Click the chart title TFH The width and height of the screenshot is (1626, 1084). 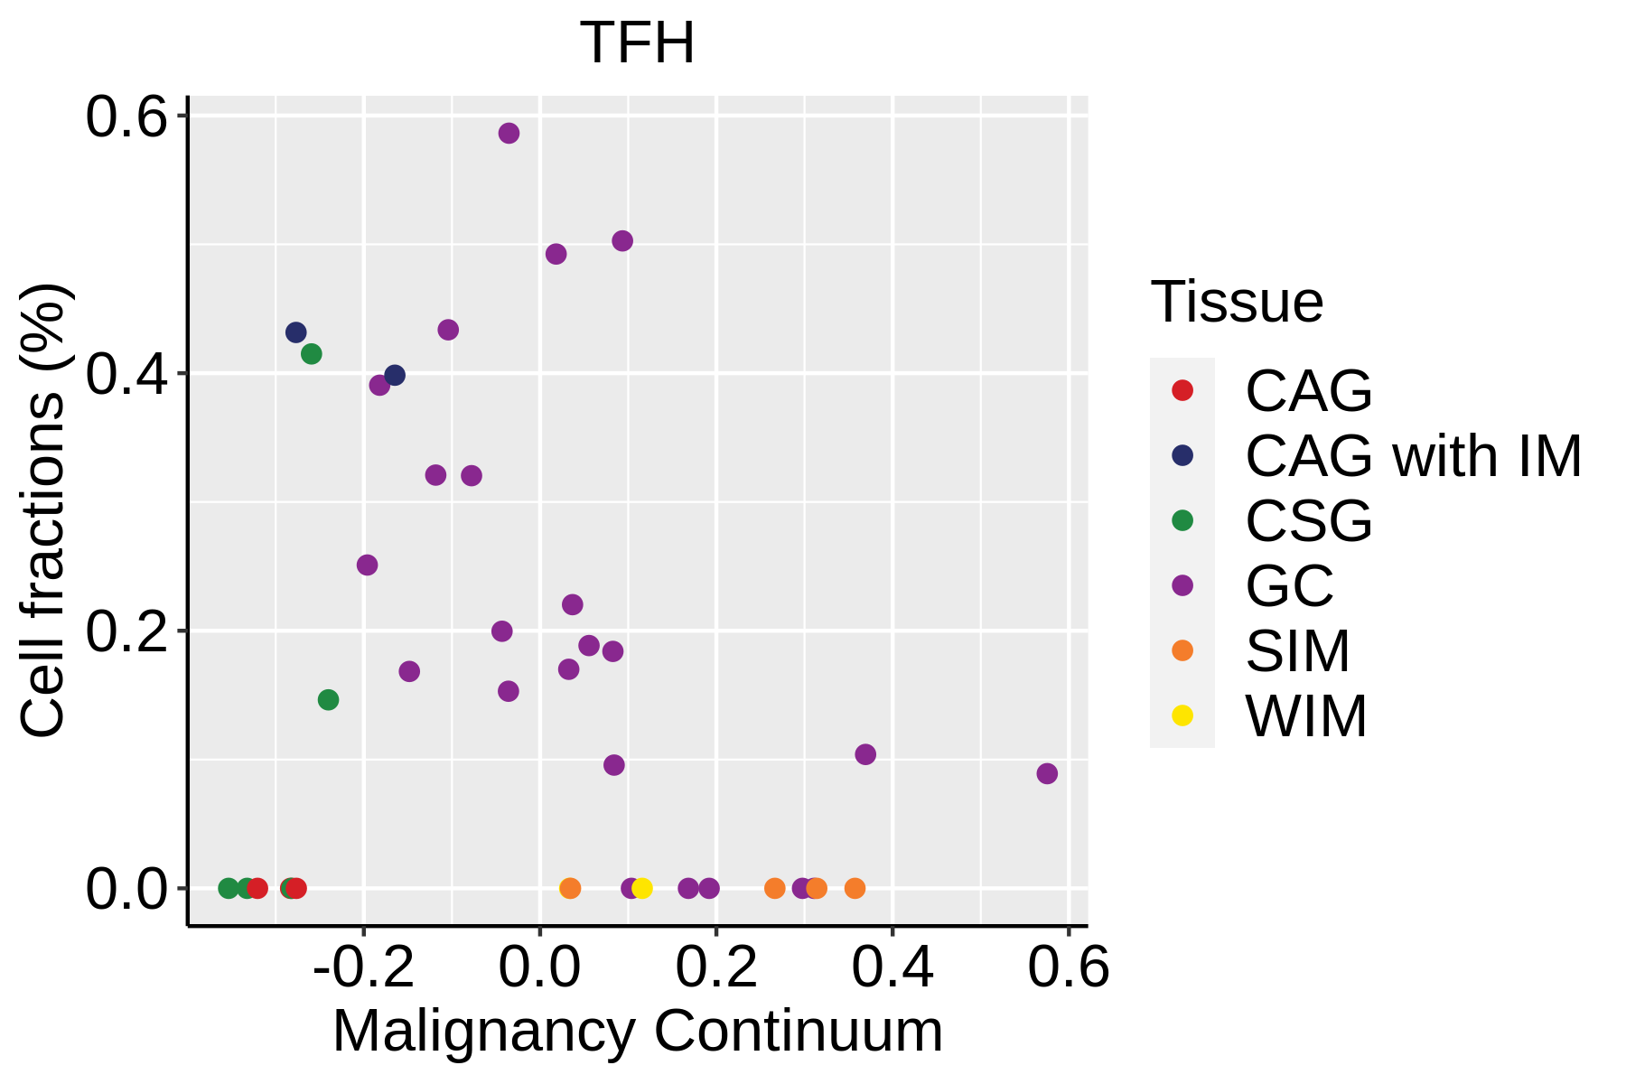(638, 43)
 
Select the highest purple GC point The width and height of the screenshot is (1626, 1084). (509, 134)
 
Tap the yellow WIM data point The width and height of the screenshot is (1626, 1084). (642, 888)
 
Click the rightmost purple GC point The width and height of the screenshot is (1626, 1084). (1047, 773)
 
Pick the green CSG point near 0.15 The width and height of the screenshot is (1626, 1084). (328, 699)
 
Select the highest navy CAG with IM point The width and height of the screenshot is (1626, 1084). (295, 332)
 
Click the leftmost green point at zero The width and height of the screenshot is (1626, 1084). (229, 888)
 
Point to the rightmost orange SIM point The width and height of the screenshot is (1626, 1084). (855, 888)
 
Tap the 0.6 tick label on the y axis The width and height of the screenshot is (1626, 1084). (127, 117)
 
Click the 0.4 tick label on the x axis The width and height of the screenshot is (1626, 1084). (892, 967)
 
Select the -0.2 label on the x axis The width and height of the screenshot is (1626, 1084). (363, 967)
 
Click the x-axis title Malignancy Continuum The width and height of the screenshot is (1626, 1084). (638, 1032)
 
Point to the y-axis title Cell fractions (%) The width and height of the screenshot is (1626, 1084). (43, 510)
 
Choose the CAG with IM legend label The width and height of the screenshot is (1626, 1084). (1413, 456)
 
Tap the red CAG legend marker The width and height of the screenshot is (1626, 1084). (1182, 390)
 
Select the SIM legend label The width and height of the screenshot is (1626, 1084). (1297, 651)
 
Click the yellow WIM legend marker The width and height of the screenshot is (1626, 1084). (1182, 715)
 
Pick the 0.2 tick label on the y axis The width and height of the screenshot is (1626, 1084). (127, 631)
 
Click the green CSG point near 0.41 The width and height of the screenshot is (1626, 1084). (311, 353)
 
